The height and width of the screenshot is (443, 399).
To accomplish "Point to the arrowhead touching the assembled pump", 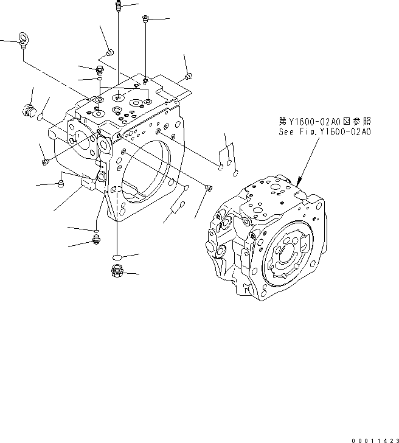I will tap(298, 180).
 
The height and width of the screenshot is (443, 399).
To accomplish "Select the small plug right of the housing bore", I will tap(209, 187).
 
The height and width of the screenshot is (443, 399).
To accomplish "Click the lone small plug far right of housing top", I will tap(188, 76).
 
